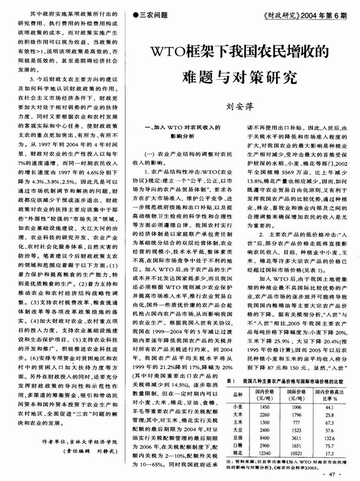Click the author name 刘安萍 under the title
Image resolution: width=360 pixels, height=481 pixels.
pos(237,108)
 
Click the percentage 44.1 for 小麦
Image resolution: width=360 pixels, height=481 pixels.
pos(329,406)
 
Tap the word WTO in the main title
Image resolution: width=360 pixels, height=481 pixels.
pos(173,53)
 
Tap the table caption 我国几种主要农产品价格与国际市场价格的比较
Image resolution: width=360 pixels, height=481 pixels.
pos(292,381)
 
